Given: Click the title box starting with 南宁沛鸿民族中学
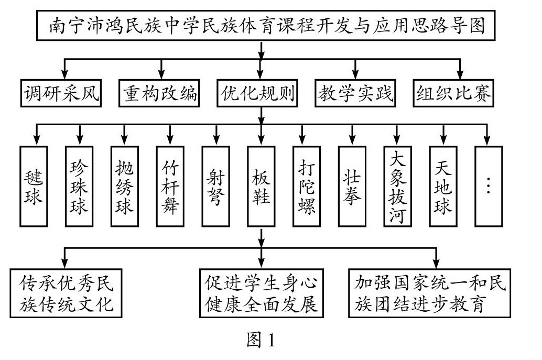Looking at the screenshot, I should [261, 25].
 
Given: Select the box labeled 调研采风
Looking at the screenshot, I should [61, 94].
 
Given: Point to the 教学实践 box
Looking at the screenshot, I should [355, 94].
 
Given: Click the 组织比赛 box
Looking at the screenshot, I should [454, 94].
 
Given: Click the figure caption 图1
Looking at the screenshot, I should [261, 342].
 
